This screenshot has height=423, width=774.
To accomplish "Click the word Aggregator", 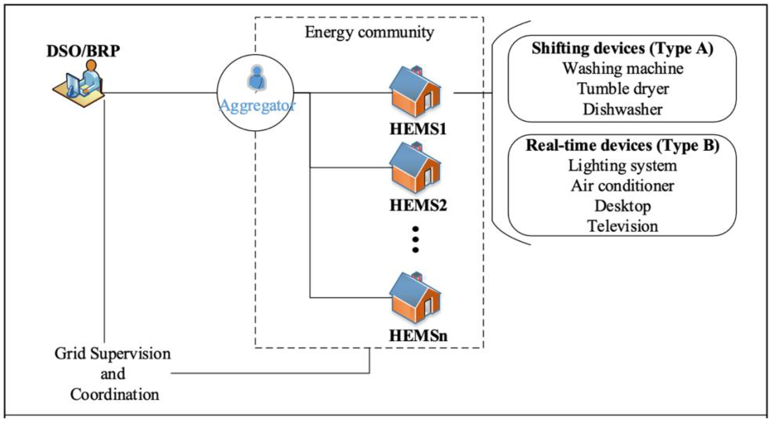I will point(257,106).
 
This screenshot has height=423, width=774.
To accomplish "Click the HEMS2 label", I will point(418,206).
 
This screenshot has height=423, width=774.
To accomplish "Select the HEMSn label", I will point(418,335).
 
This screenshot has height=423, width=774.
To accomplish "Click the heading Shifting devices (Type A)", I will point(622,48).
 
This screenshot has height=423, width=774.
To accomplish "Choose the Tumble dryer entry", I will point(623,89).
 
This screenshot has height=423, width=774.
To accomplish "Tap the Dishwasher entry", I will point(623,109).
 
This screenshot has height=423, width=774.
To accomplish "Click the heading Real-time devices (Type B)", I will point(622,146).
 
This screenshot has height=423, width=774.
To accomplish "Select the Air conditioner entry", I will point(622,186).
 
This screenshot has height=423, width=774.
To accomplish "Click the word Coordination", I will point(115,394).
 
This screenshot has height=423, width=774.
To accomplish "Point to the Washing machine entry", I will point(623,69).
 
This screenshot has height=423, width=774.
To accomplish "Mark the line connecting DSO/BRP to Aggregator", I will point(159,93).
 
